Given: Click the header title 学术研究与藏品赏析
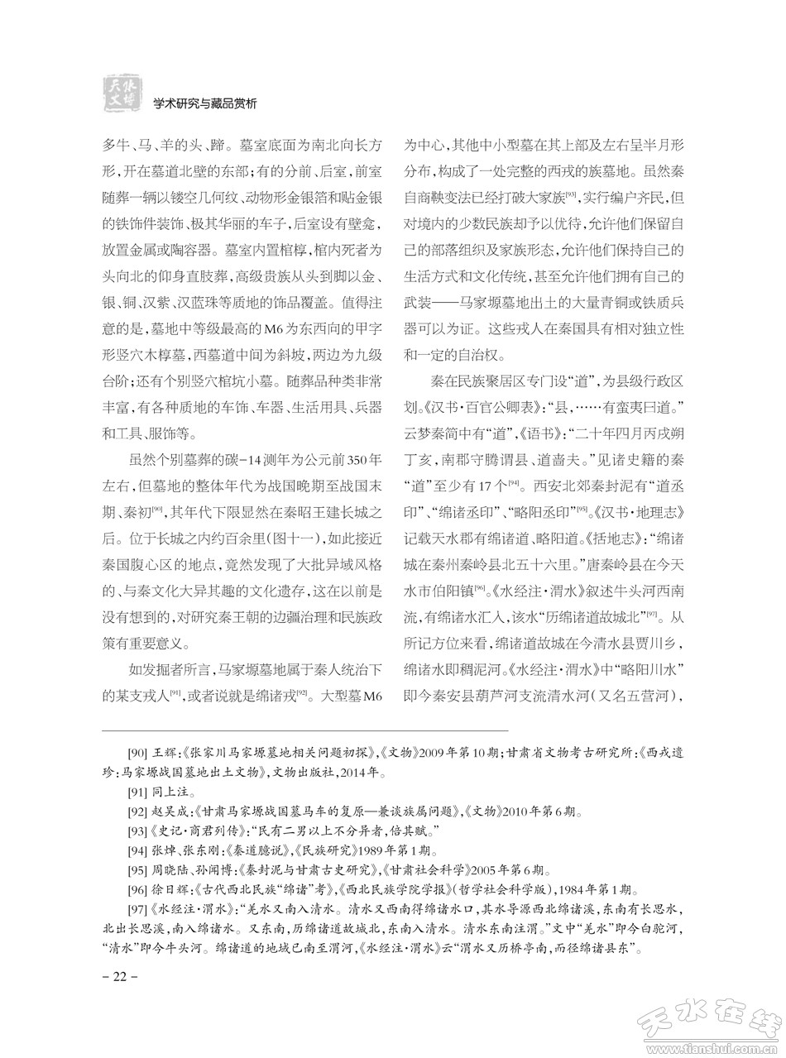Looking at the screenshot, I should tap(205, 103).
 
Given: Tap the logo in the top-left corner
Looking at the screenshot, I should tap(122, 92).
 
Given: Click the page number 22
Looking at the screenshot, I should tap(119, 976).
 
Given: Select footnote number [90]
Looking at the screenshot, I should tap(137, 753).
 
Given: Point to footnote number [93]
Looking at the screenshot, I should tap(137, 831).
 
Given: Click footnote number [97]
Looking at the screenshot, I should tap(137, 908).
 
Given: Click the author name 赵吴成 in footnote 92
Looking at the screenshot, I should tap(170, 811).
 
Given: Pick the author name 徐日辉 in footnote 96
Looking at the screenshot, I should tap(170, 888).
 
